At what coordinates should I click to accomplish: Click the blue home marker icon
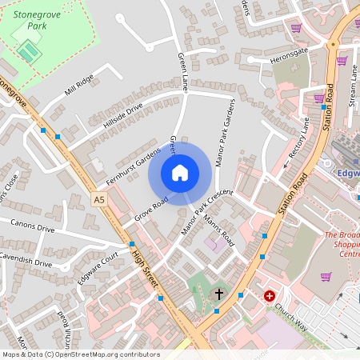pos(180,173)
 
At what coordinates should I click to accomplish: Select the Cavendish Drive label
pos(26,261)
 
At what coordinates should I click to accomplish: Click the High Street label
pos(146,270)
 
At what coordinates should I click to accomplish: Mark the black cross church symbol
pos(219,294)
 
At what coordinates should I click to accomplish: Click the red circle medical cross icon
pos(270,295)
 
